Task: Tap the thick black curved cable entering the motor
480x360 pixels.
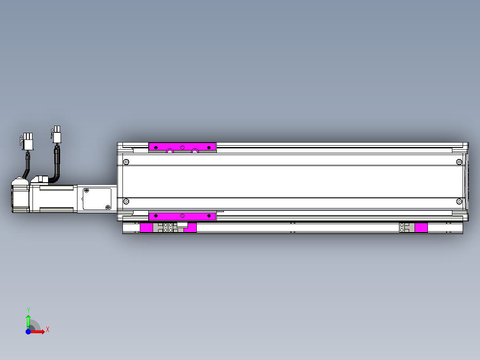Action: [x=56, y=167]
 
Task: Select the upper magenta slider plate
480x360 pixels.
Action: [x=182, y=147]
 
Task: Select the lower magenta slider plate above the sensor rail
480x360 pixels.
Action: [x=182, y=217]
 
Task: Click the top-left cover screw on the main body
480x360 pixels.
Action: [x=126, y=162]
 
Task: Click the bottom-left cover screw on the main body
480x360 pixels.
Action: [x=126, y=202]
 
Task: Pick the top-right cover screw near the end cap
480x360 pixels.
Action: [x=459, y=162]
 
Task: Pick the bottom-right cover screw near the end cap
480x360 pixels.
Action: [x=459, y=202]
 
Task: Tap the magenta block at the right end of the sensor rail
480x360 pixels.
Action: [x=421, y=228]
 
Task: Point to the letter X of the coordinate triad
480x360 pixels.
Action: [x=48, y=329]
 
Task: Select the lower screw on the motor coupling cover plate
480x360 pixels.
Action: [x=108, y=207]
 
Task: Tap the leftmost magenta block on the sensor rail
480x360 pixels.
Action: [x=146, y=228]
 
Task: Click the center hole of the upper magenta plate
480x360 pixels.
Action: [x=182, y=147]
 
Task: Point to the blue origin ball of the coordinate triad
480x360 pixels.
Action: [x=28, y=332]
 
